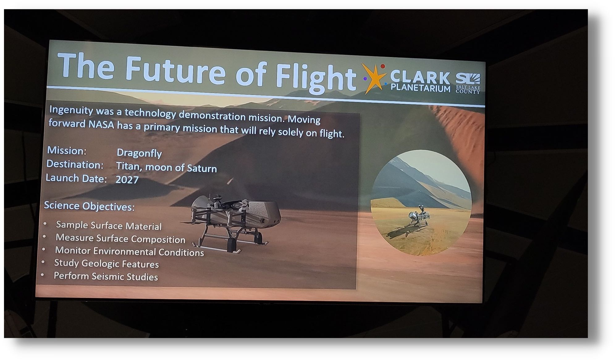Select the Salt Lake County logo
click(468, 83)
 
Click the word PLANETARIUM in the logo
click(420, 88)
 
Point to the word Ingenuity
click(71, 110)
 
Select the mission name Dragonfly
click(139, 153)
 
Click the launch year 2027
click(127, 180)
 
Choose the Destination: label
click(75, 165)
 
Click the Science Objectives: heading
click(89, 206)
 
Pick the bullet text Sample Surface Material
click(109, 226)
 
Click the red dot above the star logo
click(383, 66)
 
